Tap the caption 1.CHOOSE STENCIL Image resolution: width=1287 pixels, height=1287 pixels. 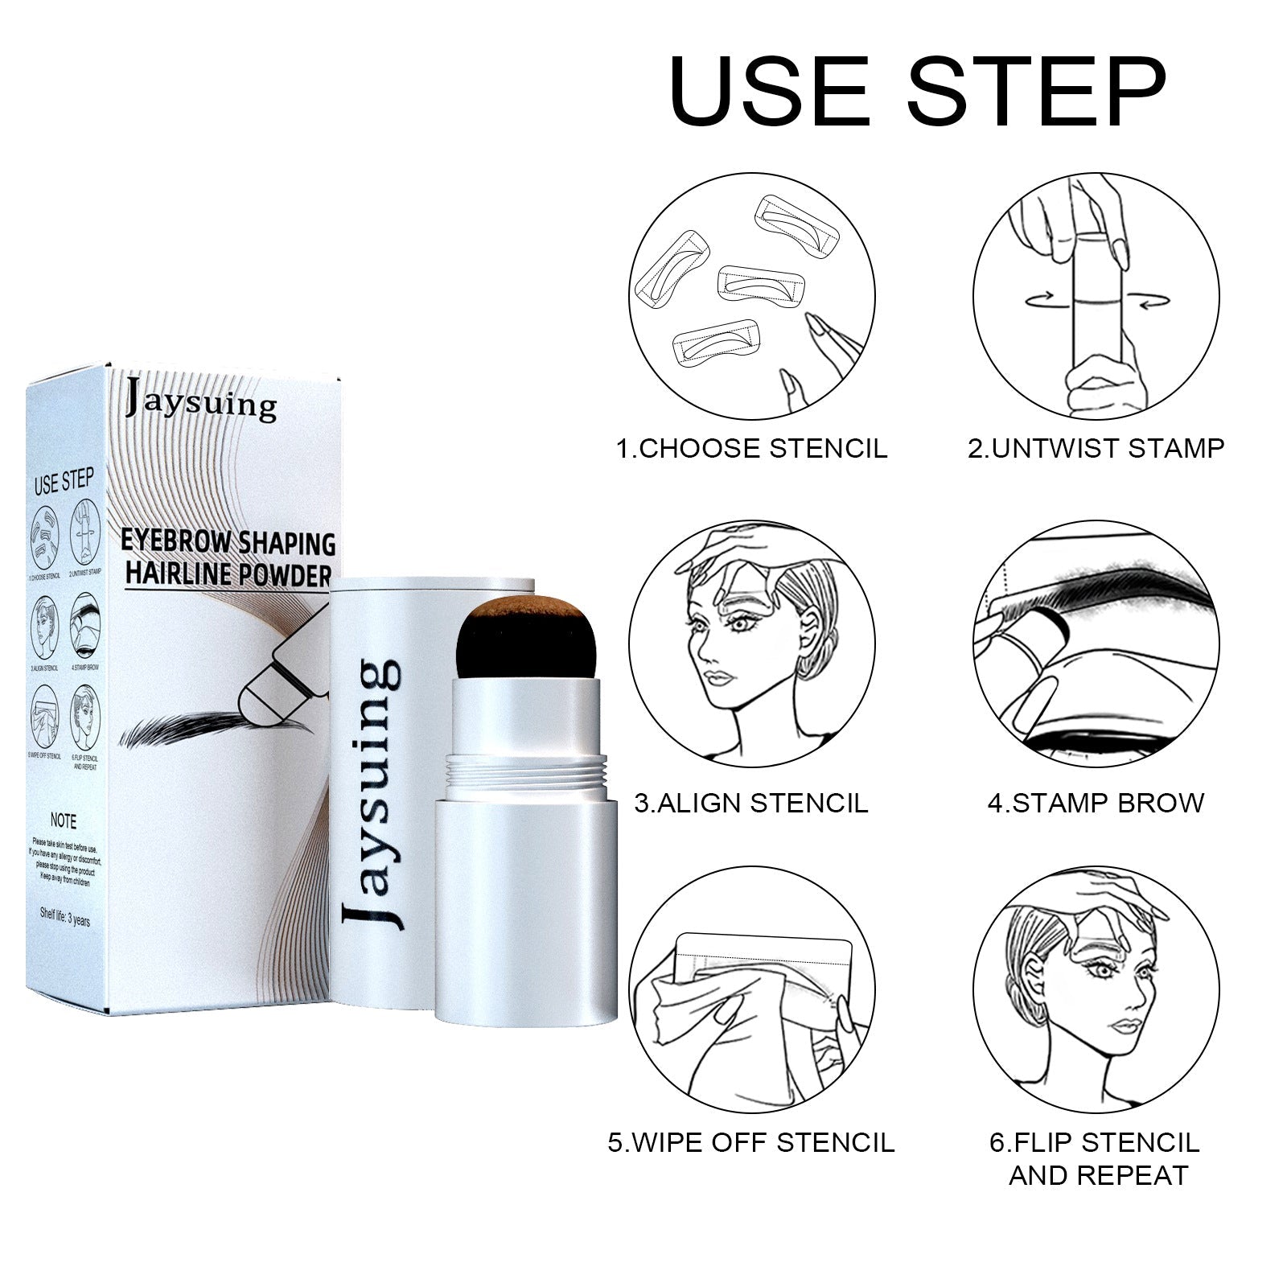pos(751,448)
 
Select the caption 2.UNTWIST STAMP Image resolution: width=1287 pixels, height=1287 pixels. pos(1096,448)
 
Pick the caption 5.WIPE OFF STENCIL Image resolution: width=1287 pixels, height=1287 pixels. pos(751,1142)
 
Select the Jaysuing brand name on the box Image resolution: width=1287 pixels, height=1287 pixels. pos(201,402)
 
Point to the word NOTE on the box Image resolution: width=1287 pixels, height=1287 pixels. pos(64,821)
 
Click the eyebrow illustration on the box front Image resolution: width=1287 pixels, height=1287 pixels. pos(205,729)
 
